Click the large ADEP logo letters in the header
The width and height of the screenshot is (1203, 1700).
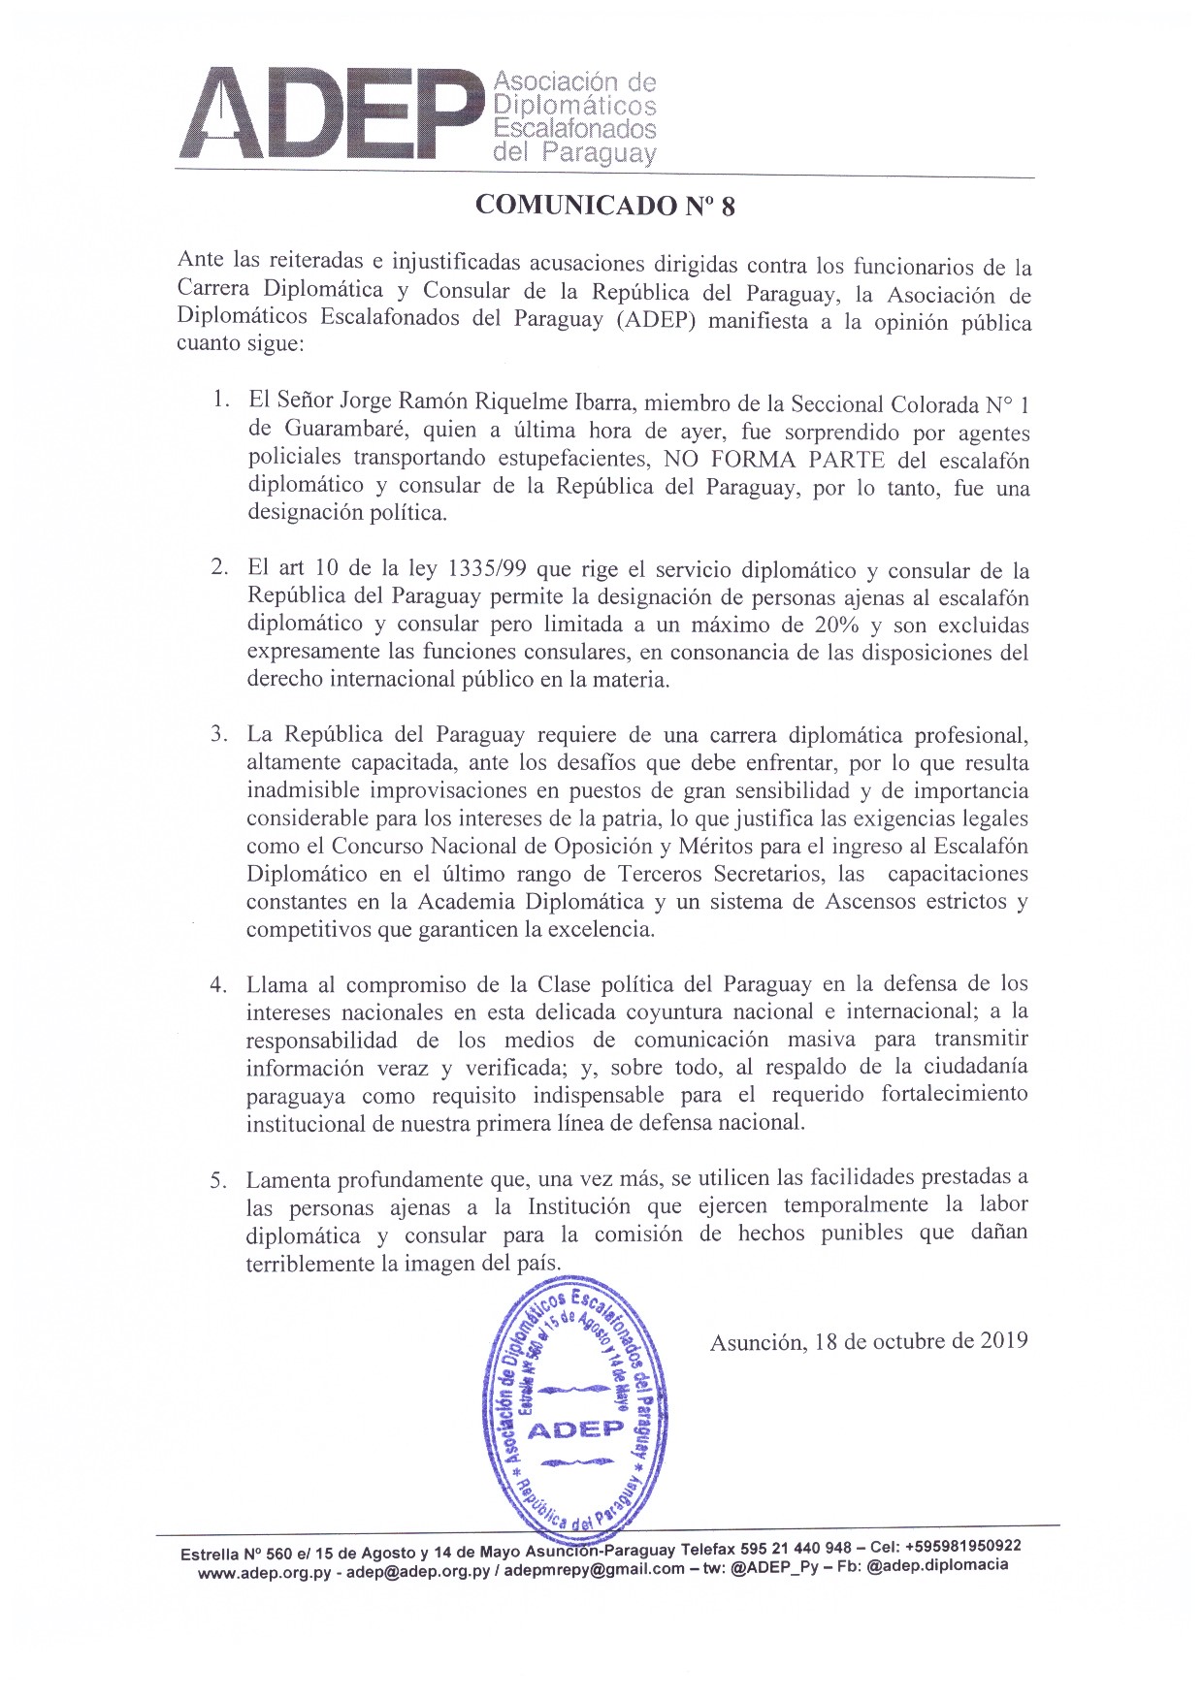coord(330,113)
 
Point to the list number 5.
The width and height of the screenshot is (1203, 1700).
coord(219,1181)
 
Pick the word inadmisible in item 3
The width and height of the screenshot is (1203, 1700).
coord(308,789)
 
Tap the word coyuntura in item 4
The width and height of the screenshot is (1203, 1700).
coord(694,1012)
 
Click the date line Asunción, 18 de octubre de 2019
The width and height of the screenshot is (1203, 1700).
coord(868,1341)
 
